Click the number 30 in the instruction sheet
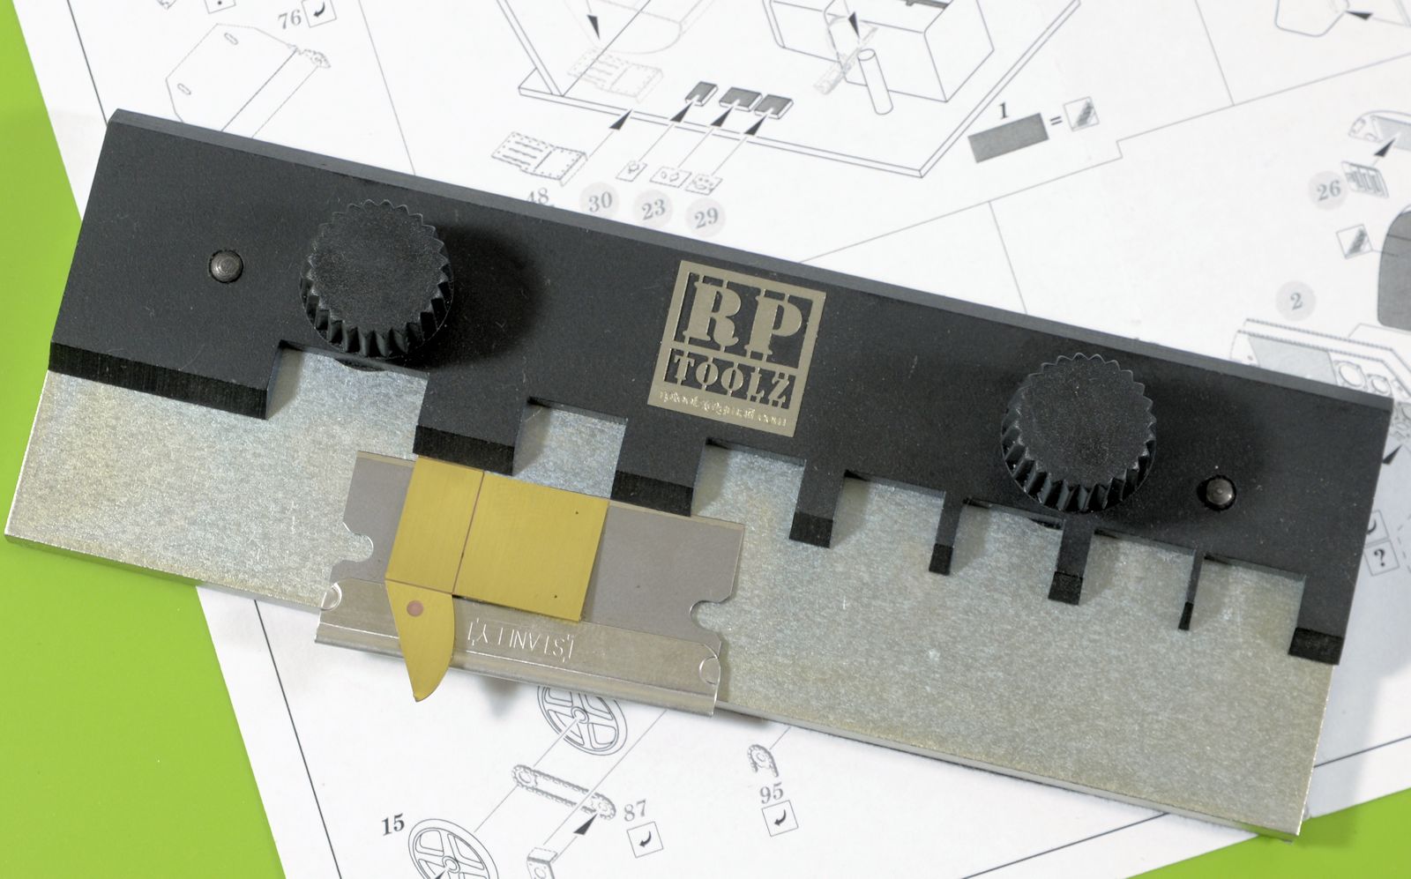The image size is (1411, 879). point(600,202)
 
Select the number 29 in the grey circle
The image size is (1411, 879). point(705,216)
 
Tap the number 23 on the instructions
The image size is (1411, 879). point(653,209)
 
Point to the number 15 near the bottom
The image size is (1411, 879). point(394,825)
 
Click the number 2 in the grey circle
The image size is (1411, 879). point(1295,302)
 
